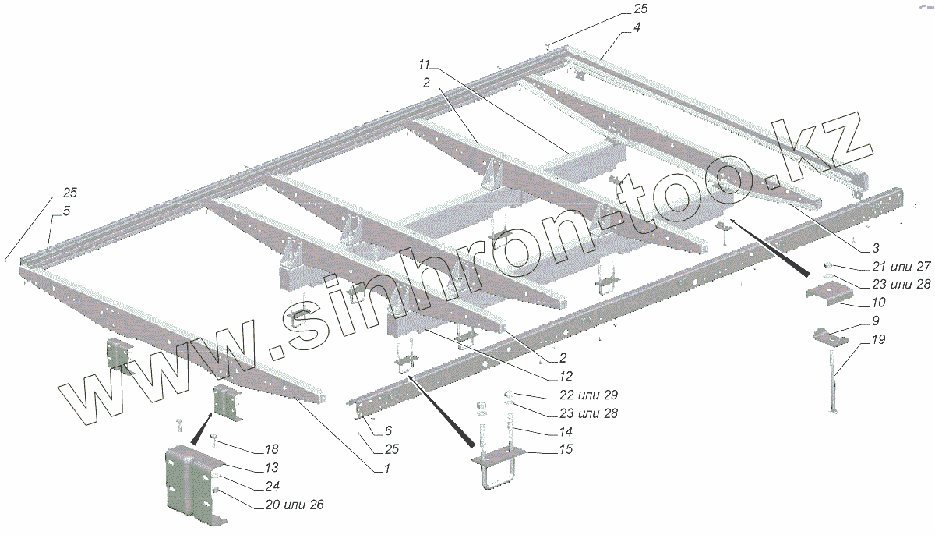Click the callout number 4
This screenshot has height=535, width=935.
click(637, 28)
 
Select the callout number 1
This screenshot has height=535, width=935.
click(385, 468)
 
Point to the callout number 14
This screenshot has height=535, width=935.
click(566, 430)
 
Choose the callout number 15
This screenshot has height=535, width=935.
click(566, 450)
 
